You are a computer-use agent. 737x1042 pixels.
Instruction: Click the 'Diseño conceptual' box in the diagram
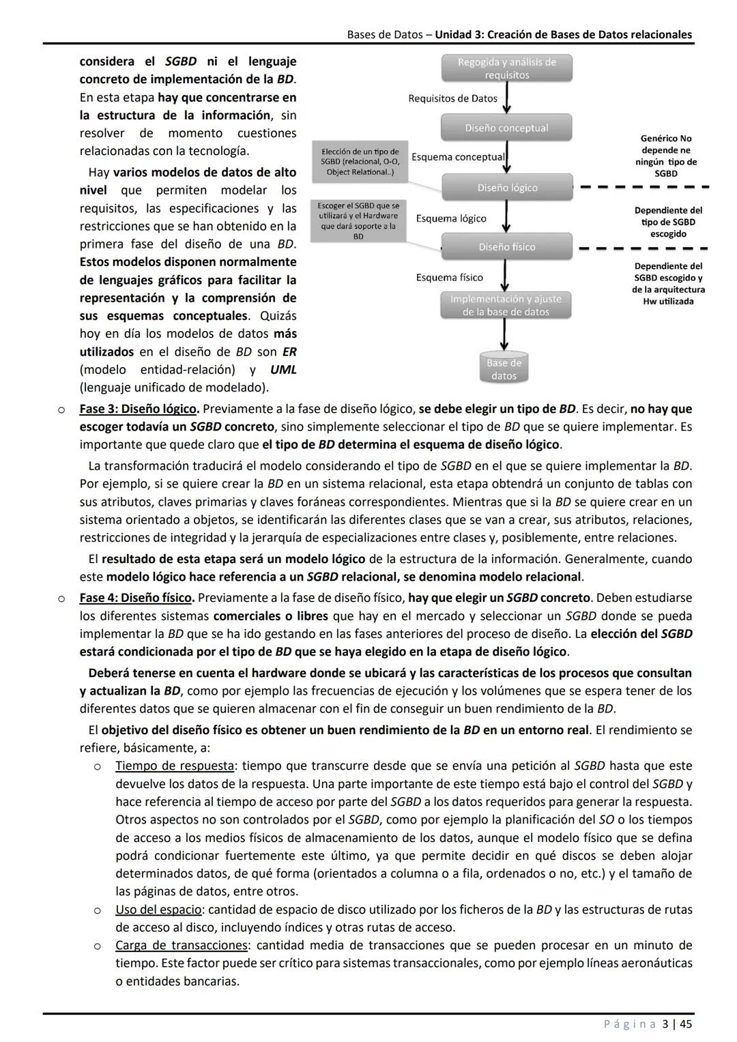[x=506, y=128]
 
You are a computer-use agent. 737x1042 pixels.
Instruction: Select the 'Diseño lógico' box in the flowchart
[x=506, y=187]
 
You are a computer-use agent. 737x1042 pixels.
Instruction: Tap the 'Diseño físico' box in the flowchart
[x=506, y=246]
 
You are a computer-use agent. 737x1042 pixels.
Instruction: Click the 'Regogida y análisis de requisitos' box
[x=506, y=68]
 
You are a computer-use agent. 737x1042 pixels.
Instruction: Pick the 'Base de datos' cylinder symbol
[x=504, y=368]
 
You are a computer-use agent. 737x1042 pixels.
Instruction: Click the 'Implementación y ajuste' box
[x=506, y=305]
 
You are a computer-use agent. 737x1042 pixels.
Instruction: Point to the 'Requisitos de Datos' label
[x=452, y=98]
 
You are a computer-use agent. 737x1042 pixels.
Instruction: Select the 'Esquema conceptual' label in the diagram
[x=458, y=157]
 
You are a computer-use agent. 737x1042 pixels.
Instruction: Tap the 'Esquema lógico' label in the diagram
[x=451, y=218]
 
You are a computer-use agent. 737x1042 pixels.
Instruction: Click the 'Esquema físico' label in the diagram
[x=449, y=277]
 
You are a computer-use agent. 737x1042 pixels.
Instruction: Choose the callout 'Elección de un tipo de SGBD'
[x=360, y=162]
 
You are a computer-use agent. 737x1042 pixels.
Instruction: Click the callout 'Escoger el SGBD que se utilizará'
[x=358, y=220]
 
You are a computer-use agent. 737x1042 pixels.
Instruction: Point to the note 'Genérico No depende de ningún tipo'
[x=666, y=156]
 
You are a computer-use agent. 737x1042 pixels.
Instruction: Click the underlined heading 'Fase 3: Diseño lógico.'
[x=139, y=409]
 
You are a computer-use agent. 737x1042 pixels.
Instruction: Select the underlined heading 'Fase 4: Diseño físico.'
[x=136, y=598]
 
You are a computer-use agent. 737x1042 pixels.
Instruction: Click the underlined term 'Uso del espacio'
[x=158, y=910]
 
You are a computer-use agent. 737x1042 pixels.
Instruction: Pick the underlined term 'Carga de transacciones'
[x=181, y=945]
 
